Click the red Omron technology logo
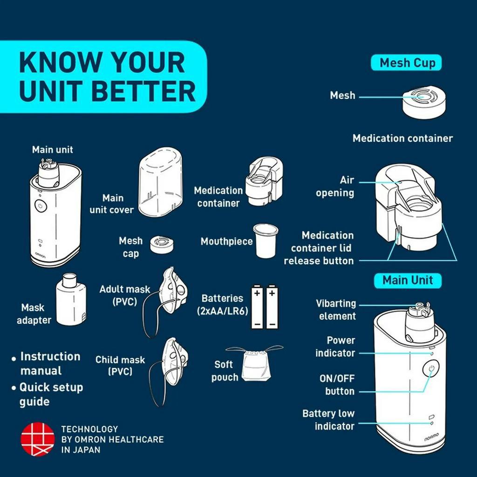tap(38, 439)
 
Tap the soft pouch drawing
tap(256, 364)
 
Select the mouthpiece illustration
tap(266, 241)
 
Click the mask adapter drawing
tap(71, 299)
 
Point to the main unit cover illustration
tap(161, 182)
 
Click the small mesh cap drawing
tap(162, 244)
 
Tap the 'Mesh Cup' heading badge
tap(406, 63)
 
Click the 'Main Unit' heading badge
tap(408, 280)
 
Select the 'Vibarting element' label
tap(336, 310)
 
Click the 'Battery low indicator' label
tap(328, 420)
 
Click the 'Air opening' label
tap(335, 186)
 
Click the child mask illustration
tap(168, 372)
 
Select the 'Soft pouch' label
tap(225, 371)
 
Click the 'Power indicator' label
tap(335, 347)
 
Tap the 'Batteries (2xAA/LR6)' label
tap(222, 305)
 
